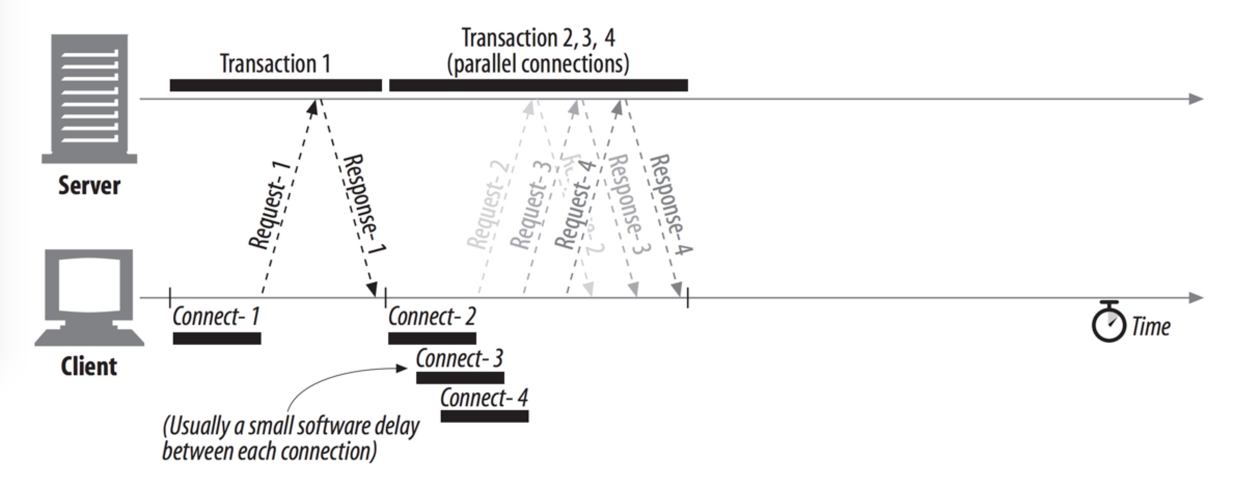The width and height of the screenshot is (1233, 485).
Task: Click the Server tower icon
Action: coord(89,99)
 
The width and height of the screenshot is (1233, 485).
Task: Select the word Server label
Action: coord(89,185)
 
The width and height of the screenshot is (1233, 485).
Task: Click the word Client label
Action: coord(89,366)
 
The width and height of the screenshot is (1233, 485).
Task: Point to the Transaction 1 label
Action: coord(275,64)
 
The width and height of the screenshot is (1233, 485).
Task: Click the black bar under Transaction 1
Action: coord(276,86)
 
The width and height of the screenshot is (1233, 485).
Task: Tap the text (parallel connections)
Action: coord(538,64)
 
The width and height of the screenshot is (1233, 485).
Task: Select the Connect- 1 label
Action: coord(216,317)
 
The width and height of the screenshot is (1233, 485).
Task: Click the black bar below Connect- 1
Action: coord(217,339)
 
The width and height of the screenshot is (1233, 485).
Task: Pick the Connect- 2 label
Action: coord(432,317)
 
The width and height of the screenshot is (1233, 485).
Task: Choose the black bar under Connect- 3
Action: coord(460,378)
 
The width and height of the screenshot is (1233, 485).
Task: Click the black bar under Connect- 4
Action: coord(485,416)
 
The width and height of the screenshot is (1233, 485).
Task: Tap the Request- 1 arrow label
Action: coord(269,205)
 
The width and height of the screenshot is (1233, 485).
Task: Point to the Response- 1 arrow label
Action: coord(364,205)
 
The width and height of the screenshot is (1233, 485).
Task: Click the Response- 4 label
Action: coord(670,205)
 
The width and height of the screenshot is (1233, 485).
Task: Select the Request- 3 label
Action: coord(529,206)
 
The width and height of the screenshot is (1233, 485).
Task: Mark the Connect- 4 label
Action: coord(484,398)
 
